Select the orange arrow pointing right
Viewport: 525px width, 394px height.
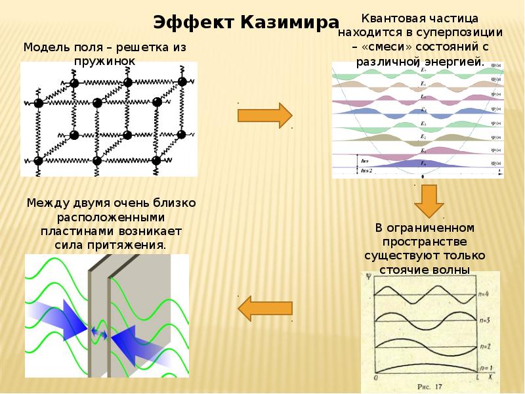tap(264, 115)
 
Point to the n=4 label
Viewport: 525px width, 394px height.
tap(484, 294)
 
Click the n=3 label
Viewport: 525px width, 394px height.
tap(484, 320)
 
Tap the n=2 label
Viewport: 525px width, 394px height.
tap(484, 345)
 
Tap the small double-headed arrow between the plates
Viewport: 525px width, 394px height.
tap(100, 333)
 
